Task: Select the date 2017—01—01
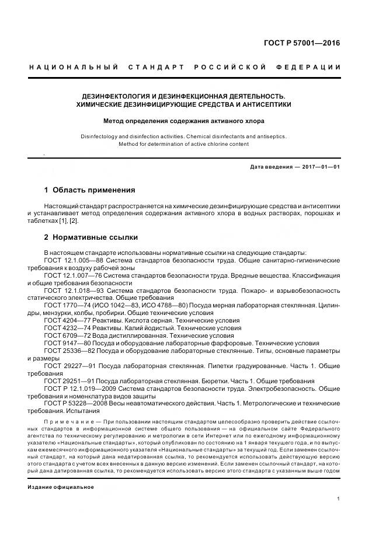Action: [x=321, y=166]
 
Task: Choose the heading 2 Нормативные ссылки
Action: [x=91, y=237]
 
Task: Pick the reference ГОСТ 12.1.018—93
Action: [x=76, y=290]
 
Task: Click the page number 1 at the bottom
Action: [x=339, y=499]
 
